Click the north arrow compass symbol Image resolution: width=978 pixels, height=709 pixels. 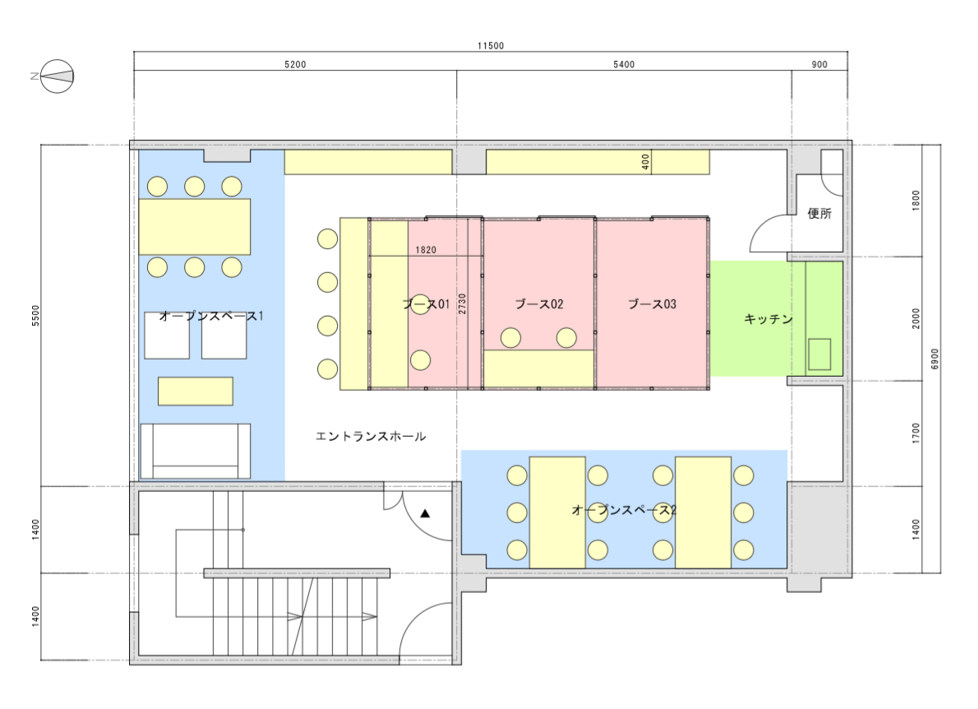(x=57, y=76)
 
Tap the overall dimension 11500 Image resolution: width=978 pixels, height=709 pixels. (x=491, y=45)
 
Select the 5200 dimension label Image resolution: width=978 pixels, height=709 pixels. (x=295, y=64)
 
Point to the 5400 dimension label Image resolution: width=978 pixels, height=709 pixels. (x=624, y=64)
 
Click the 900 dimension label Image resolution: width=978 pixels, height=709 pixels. (x=819, y=64)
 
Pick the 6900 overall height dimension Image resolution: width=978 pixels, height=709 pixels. (x=934, y=359)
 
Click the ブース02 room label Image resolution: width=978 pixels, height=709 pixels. (x=539, y=304)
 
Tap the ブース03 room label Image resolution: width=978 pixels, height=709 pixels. (x=652, y=304)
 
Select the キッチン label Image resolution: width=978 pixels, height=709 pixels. (x=768, y=319)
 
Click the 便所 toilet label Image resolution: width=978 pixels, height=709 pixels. (x=819, y=214)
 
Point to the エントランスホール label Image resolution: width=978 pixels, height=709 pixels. (x=371, y=436)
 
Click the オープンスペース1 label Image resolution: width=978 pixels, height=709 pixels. (x=211, y=316)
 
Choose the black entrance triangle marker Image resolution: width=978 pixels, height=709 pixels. (x=425, y=513)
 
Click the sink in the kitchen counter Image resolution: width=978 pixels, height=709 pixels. (x=819, y=354)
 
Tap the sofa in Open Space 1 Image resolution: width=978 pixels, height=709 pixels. (x=196, y=452)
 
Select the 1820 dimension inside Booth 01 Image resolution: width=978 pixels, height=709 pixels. (x=426, y=250)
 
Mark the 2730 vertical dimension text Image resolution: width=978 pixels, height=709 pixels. (x=462, y=304)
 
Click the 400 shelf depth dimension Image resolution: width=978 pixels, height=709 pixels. (x=645, y=162)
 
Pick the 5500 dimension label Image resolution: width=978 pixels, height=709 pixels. (x=35, y=315)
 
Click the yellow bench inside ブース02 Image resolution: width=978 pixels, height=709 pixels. (x=539, y=368)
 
